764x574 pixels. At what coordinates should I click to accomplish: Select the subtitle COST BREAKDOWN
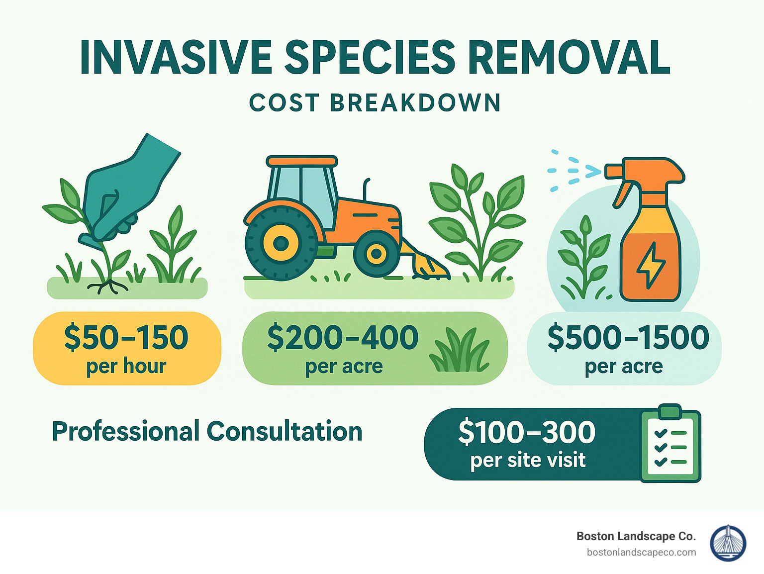tap(375, 103)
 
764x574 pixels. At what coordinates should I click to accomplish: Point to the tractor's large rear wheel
tap(281, 243)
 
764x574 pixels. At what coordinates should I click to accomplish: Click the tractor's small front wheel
tap(376, 254)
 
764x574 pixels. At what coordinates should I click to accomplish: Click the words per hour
tap(126, 366)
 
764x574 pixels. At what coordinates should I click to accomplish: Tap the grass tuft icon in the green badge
tap(459, 350)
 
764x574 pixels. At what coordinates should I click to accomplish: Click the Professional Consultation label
tap(207, 431)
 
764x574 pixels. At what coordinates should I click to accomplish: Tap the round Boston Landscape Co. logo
tap(728, 543)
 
